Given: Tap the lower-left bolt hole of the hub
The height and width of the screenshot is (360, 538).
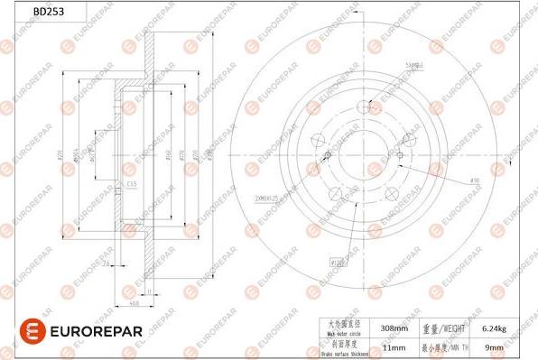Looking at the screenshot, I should tap(335, 192).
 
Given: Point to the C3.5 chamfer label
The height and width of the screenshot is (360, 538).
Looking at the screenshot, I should tap(132, 185).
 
